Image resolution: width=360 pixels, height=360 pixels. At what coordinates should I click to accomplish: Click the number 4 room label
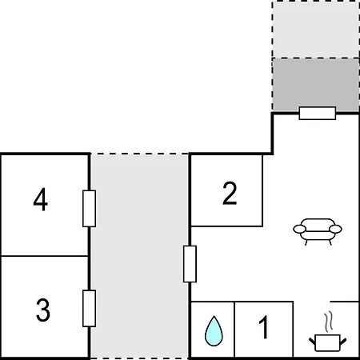tap(41, 199)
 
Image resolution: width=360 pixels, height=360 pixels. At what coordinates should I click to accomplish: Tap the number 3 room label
tap(43, 310)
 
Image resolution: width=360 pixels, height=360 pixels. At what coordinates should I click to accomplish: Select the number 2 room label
tap(230, 194)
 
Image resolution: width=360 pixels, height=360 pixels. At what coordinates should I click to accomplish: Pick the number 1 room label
tap(263, 327)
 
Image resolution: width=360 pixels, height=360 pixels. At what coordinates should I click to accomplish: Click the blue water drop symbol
tap(214, 331)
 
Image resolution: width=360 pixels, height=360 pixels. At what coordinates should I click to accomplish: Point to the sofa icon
tap(318, 231)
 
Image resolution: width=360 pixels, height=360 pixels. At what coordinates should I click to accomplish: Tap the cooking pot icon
tap(328, 342)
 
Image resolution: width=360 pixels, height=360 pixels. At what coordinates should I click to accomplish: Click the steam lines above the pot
tap(329, 322)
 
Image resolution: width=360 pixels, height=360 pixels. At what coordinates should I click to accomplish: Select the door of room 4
tap(89, 209)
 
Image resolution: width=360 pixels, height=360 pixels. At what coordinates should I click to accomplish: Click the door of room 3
tap(89, 308)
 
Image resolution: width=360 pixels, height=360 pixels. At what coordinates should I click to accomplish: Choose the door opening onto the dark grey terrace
tap(318, 113)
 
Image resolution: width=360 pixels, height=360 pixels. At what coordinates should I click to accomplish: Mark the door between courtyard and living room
tap(190, 264)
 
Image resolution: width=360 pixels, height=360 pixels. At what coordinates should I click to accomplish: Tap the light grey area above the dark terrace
tap(316, 30)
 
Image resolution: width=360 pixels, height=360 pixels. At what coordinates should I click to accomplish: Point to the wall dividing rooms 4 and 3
tap(45, 256)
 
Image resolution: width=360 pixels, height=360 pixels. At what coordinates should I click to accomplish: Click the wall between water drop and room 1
tap(234, 330)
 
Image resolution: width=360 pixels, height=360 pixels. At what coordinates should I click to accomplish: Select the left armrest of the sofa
tap(300, 229)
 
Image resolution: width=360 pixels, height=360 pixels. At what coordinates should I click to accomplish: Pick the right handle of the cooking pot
tap(343, 342)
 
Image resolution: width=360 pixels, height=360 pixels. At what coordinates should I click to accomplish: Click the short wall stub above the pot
tap(345, 302)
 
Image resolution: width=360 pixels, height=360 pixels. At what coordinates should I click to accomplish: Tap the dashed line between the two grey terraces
tap(316, 58)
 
